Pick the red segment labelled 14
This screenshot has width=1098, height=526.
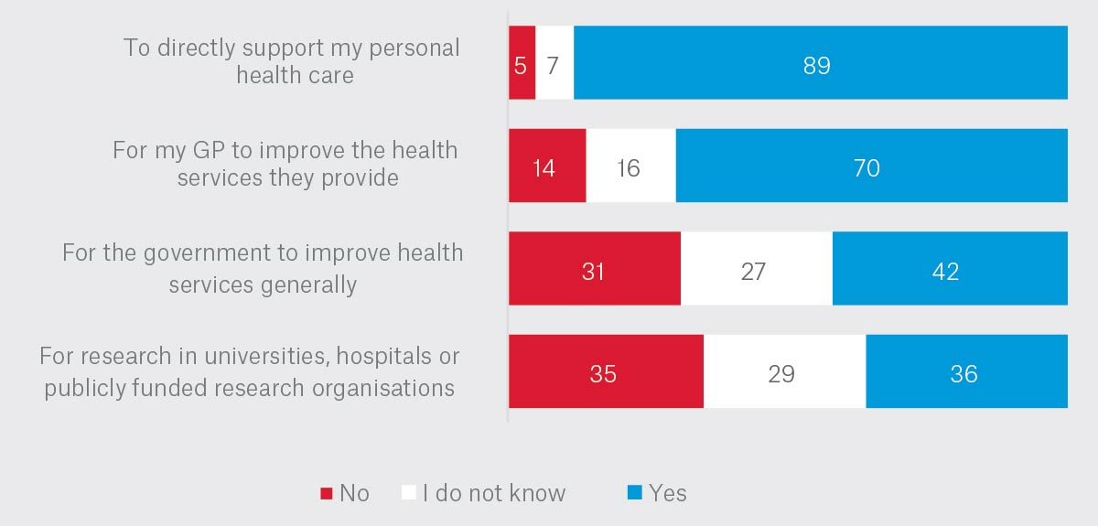[x=546, y=166]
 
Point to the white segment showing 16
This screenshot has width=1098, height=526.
[x=630, y=166]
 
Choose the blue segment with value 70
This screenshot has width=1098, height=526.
[x=871, y=166]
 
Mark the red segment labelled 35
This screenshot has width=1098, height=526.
[x=606, y=371]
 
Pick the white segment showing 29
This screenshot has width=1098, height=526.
[x=784, y=371]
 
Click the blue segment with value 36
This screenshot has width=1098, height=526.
[x=966, y=371]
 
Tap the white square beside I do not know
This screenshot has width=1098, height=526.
[x=409, y=493]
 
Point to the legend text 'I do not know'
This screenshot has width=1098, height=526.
[x=493, y=493]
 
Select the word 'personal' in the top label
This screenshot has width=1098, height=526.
[x=415, y=48]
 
